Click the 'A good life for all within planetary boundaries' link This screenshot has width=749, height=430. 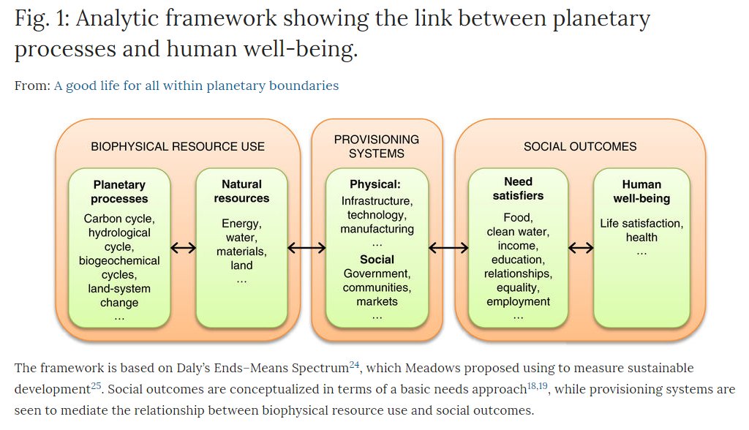196,86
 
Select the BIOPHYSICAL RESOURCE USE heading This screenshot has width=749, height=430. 178,147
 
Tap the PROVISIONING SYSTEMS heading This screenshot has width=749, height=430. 377,146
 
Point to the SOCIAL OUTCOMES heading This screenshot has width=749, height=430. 580,147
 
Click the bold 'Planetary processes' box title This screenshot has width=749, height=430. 119,192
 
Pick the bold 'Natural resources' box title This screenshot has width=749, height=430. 241,191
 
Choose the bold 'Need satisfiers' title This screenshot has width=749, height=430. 519,189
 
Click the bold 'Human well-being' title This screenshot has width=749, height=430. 641,192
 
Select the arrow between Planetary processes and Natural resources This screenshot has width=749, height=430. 184,247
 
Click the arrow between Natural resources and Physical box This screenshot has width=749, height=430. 306,247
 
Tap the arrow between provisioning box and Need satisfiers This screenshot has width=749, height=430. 448,247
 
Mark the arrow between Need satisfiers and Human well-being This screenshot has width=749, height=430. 581,247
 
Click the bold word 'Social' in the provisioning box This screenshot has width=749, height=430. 377,260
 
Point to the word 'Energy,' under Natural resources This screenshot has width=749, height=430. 241,224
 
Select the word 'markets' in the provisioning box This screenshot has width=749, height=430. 377,301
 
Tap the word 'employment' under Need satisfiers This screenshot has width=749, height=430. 519,302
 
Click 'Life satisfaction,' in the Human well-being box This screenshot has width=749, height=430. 641,224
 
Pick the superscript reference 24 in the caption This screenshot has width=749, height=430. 354,364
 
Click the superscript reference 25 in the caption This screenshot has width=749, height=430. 96,385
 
